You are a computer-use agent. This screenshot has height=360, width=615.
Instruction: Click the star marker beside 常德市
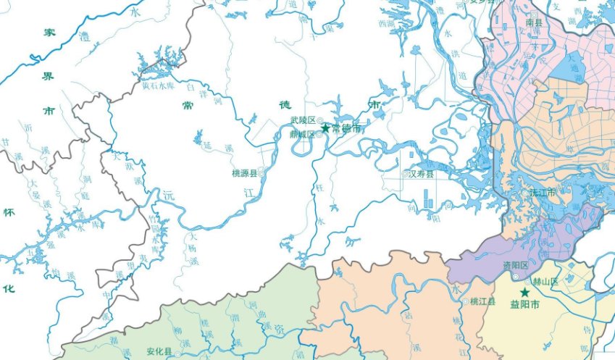tap(325, 128)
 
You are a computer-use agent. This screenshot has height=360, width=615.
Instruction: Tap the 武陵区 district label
tap(302, 120)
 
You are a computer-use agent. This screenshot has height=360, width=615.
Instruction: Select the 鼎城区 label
tap(302, 134)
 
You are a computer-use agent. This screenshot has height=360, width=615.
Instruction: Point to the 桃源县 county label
tap(244, 174)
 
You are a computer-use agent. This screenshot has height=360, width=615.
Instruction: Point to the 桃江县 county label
tap(482, 301)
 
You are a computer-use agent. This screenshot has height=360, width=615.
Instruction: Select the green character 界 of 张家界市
tap(49, 75)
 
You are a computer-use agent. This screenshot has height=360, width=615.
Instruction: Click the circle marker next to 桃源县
tap(261, 174)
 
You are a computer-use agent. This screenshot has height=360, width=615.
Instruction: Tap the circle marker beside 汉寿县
tap(405, 175)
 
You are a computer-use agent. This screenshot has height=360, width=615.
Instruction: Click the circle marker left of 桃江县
tap(466, 301)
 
